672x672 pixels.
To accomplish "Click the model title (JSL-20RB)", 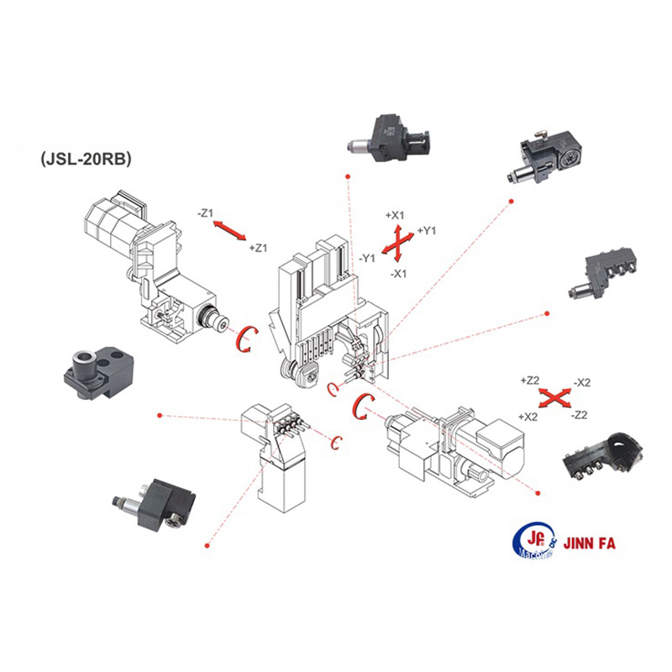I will click(85, 158).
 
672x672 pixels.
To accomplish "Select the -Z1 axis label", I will click(207, 213).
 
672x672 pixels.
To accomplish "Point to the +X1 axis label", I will click(396, 215).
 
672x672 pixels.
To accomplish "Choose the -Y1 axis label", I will click(367, 258).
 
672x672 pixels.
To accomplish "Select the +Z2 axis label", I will click(530, 381).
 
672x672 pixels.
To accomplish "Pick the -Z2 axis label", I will click(579, 415).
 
